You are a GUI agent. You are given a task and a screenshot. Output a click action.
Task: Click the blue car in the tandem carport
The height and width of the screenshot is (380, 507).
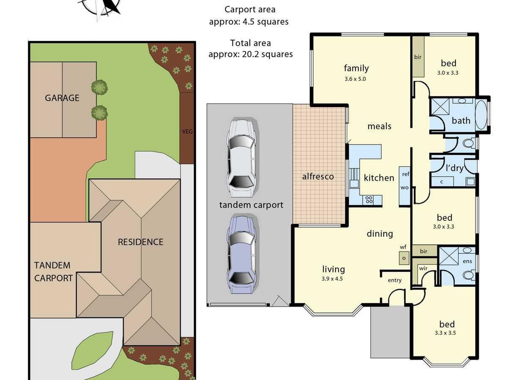click(x=242, y=254)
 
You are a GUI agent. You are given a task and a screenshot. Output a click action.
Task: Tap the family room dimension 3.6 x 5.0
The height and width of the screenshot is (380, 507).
click(x=355, y=79)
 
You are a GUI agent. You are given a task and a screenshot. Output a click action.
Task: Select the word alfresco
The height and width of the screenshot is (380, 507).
click(x=318, y=176)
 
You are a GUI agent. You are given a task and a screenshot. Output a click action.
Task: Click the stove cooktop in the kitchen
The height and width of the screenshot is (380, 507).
click(x=369, y=200)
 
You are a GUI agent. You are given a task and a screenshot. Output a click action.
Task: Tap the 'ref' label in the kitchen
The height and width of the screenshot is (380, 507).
click(x=405, y=174)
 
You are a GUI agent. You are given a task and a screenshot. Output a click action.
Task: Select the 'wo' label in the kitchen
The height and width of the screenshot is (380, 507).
click(x=405, y=187)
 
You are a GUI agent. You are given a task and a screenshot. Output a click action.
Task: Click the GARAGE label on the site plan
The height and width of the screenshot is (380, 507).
click(x=62, y=98)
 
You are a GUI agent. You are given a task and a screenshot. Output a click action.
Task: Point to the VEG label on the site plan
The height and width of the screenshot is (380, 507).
click(x=187, y=131)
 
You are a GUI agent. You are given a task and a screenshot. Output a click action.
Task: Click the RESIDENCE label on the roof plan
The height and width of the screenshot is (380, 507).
click(x=141, y=242)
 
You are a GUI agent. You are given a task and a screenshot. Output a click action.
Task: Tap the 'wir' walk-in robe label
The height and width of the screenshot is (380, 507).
click(x=423, y=268)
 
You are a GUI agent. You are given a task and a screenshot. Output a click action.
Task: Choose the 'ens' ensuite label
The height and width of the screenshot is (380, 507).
click(x=467, y=261)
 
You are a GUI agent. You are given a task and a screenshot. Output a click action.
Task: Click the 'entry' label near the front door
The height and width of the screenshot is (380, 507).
click(x=395, y=280)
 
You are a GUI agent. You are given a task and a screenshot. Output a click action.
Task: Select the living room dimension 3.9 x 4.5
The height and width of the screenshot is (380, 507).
click(x=332, y=279)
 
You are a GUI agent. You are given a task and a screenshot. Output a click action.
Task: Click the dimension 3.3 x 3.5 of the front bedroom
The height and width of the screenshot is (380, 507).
click(x=445, y=333)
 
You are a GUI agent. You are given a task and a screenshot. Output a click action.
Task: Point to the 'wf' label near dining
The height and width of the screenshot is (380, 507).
click(x=403, y=247)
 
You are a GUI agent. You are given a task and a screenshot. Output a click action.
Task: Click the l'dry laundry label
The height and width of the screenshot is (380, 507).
click(x=455, y=168)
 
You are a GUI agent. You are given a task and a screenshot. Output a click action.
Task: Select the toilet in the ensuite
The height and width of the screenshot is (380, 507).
click(x=469, y=275)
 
